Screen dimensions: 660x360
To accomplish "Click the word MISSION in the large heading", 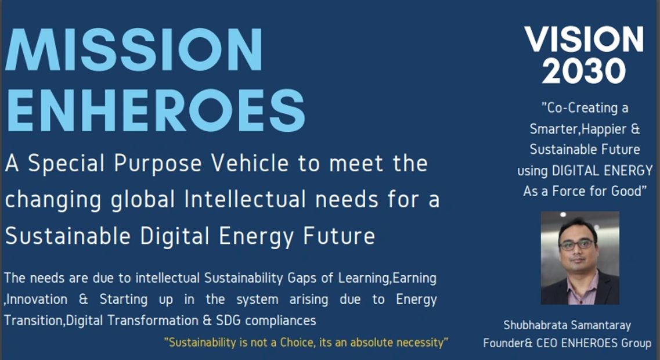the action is click(x=134, y=49).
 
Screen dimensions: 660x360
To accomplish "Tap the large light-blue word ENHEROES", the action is click(x=154, y=110).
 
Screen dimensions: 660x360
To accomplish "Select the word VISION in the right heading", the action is click(x=584, y=39).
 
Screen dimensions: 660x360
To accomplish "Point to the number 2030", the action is click(x=583, y=70).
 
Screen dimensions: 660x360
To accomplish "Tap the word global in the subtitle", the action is click(x=142, y=200).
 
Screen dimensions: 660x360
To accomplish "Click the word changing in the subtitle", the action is click(x=53, y=200).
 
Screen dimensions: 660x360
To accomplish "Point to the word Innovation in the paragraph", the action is click(x=37, y=300).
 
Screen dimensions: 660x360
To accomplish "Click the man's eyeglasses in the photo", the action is click(x=578, y=244).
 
